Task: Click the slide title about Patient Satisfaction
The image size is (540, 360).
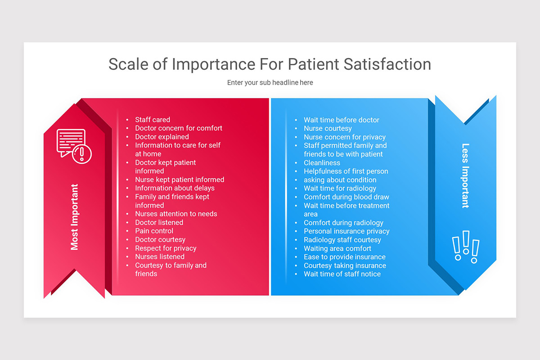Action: [x=270, y=64]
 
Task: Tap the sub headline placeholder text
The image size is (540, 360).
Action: [x=270, y=83]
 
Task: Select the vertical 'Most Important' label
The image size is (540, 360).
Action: [x=75, y=217]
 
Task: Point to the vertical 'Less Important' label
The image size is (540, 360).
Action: [x=465, y=176]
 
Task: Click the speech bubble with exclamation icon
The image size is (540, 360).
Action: [x=74, y=146]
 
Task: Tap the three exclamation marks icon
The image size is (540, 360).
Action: [x=465, y=247]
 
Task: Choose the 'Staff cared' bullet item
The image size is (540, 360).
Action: [x=153, y=120]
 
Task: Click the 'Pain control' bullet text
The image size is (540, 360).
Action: [x=154, y=231]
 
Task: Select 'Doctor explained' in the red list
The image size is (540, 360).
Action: [x=162, y=137]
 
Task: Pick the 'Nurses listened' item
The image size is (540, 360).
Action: [x=160, y=256]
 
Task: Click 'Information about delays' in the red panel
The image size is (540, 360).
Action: [x=175, y=188]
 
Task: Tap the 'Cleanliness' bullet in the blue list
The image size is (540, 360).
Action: [x=322, y=163]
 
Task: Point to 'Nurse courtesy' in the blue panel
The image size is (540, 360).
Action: [x=328, y=129]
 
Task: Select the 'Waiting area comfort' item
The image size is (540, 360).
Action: [x=337, y=248]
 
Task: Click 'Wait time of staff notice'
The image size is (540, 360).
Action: [x=342, y=274]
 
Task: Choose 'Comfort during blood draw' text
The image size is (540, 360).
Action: [x=346, y=197]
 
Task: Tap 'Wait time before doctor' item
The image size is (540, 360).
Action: [x=342, y=120]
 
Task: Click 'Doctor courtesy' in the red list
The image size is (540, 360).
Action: [x=160, y=240]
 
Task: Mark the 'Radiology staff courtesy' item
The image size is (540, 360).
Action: [x=342, y=240]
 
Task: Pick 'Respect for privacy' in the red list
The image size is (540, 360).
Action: [x=166, y=248]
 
